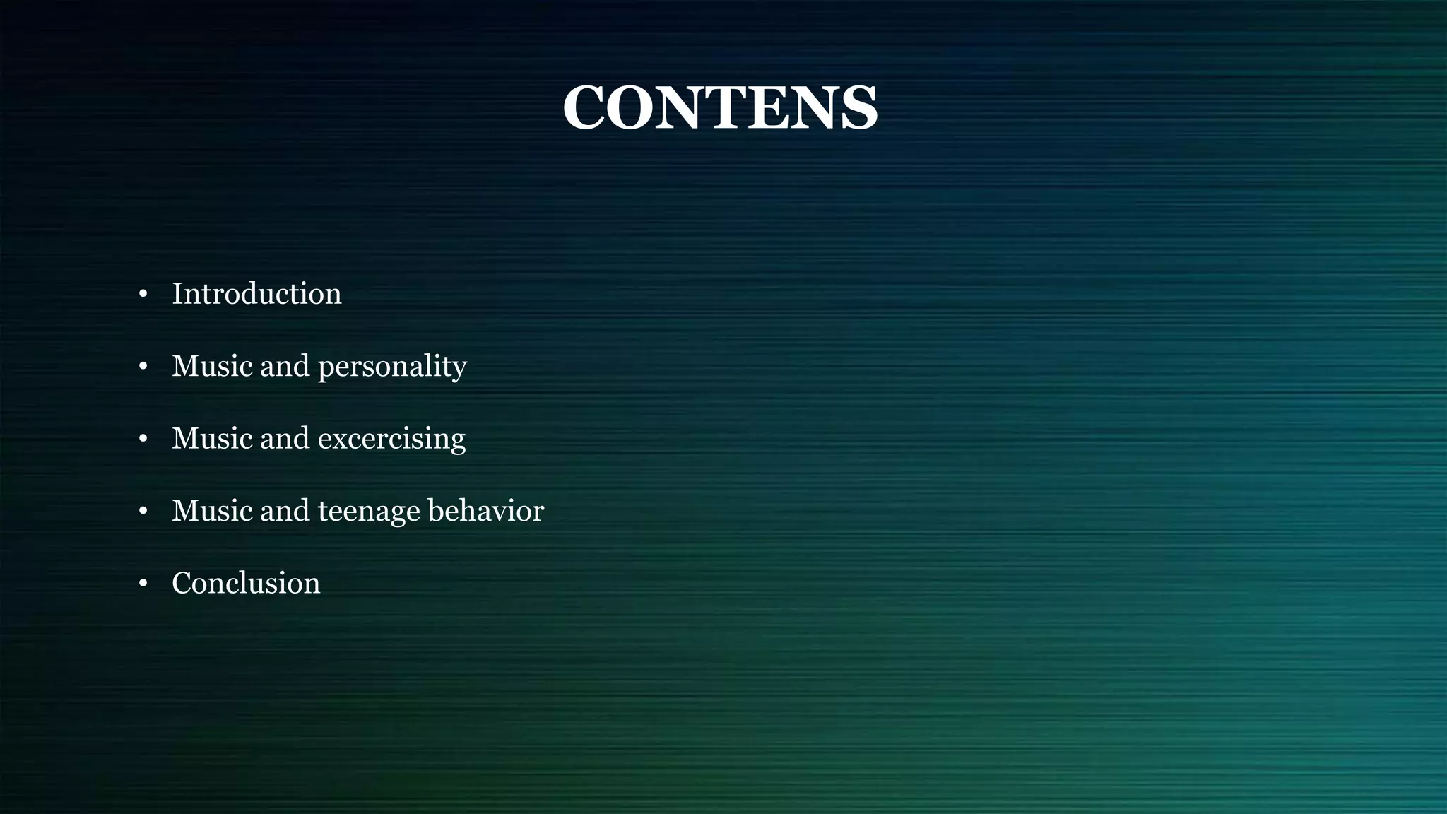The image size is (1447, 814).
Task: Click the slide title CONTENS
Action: [720, 107]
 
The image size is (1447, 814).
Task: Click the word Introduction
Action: [256, 294]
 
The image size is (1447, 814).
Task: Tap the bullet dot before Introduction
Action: [143, 294]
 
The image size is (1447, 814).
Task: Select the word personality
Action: [392, 367]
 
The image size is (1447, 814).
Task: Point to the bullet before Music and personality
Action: [143, 366]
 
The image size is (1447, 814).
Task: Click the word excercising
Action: [391, 439]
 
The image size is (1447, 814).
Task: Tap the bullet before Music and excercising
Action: [143, 439]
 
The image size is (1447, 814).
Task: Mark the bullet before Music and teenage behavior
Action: [143, 511]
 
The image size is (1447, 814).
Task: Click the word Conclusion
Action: [246, 584]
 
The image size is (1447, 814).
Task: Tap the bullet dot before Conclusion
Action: [143, 584]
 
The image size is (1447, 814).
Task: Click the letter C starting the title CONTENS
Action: [584, 107]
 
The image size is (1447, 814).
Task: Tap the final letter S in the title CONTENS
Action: [857, 107]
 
